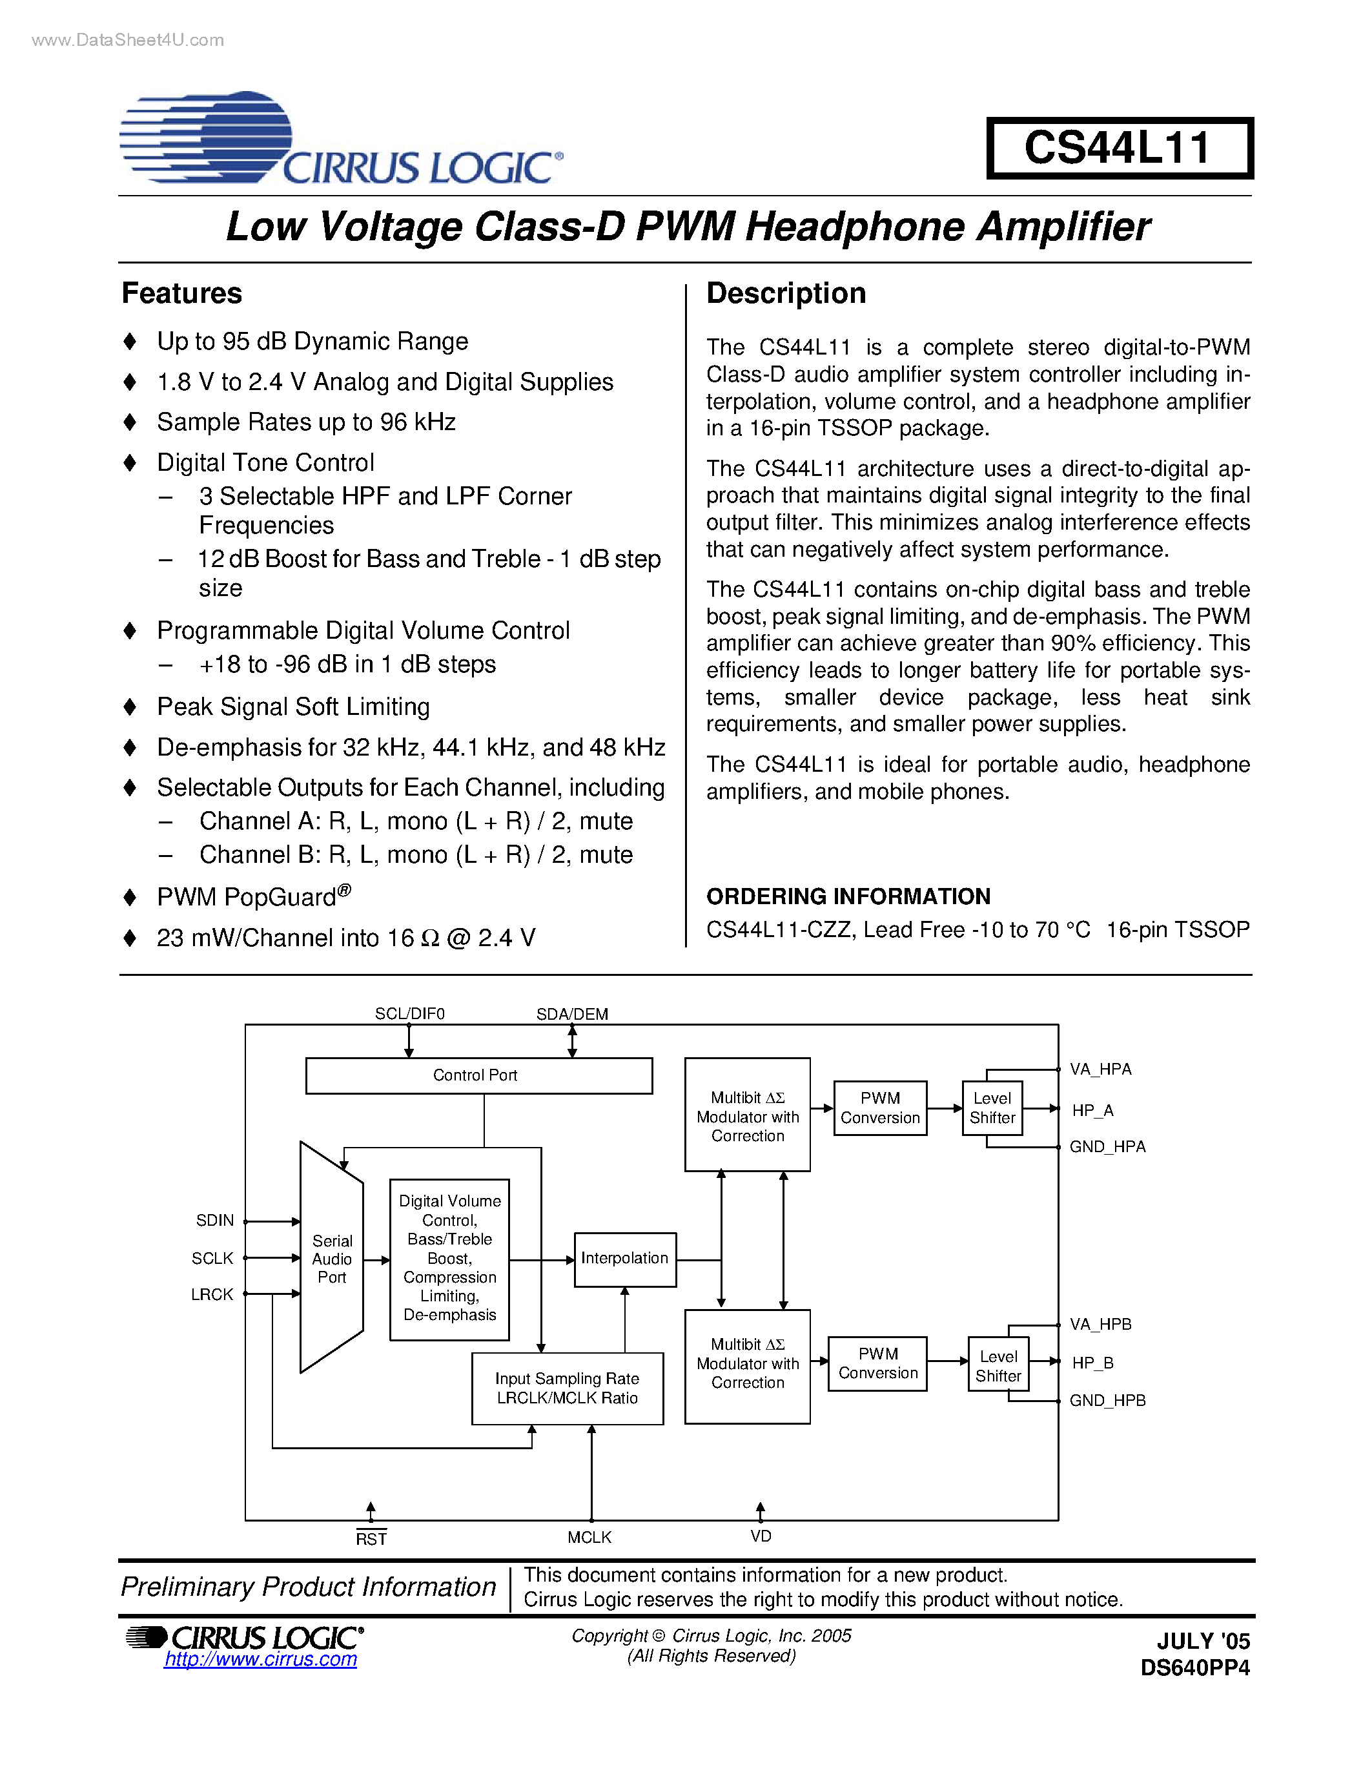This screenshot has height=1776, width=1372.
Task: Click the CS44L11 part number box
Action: pos(1118,148)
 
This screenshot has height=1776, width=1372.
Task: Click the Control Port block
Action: pos(478,1075)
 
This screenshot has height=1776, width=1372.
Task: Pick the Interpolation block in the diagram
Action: pos(624,1259)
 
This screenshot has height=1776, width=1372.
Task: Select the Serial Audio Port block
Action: pos(332,1259)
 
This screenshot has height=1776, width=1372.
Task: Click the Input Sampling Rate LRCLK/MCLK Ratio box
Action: pos(568,1388)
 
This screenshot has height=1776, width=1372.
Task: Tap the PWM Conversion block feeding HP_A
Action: pos(879,1108)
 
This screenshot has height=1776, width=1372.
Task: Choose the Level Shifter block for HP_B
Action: pos(998,1365)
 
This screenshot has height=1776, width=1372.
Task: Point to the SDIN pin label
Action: pos(214,1221)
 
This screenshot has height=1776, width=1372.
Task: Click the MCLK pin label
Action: pos(589,1537)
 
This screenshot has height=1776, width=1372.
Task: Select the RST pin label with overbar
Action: pos(371,1538)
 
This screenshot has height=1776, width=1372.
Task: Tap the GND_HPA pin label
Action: pos(1107,1146)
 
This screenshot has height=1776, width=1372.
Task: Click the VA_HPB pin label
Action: pos(1101,1324)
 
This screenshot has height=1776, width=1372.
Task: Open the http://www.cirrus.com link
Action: pos(260,1660)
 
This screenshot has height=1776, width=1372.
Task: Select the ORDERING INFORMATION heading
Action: pos(848,896)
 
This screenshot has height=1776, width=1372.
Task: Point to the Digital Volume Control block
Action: pos(449,1258)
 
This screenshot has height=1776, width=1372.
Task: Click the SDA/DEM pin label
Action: pos(572,1014)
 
